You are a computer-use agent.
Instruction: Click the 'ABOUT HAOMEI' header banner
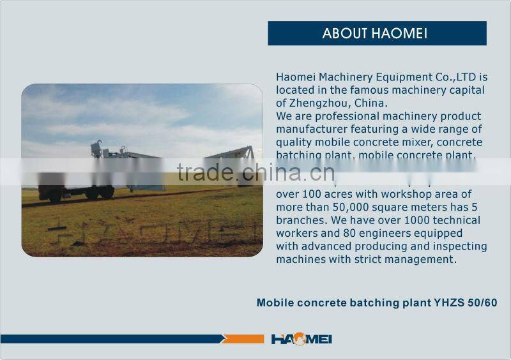pyautogui.click(x=377, y=33)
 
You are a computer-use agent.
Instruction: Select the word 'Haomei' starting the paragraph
pyautogui.click(x=295, y=77)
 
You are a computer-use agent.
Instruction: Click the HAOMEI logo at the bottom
pyautogui.click(x=301, y=339)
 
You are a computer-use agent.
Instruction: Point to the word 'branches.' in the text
pyautogui.click(x=301, y=220)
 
